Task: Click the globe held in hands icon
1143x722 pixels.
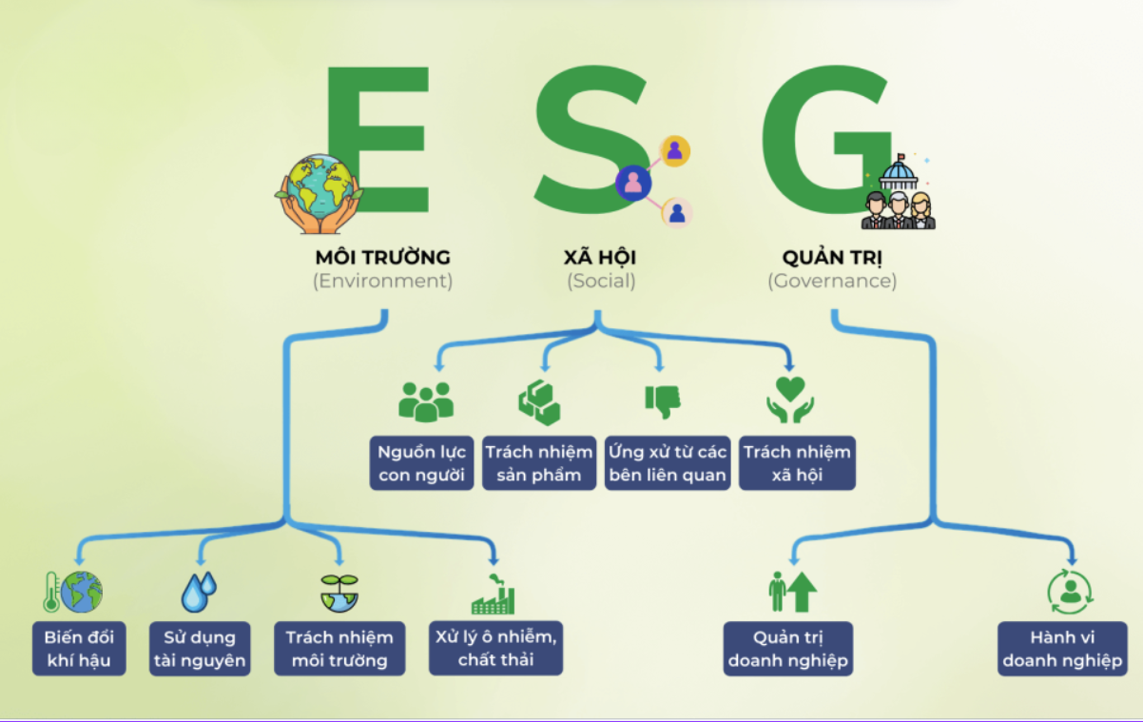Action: [320, 194]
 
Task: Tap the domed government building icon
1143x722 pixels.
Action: [898, 171]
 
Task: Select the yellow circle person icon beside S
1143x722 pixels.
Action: [675, 151]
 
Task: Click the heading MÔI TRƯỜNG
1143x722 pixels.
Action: [382, 258]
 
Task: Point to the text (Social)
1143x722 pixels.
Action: [601, 282]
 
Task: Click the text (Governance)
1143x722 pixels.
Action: [832, 282]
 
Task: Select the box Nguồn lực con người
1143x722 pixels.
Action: [421, 463]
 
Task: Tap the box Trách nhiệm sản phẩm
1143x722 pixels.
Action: [539, 463]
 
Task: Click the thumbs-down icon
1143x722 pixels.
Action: [663, 402]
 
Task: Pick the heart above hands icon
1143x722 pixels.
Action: [790, 400]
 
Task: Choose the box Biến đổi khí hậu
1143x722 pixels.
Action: [79, 649]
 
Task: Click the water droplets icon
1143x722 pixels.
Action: [199, 592]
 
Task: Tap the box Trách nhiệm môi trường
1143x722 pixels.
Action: [339, 649]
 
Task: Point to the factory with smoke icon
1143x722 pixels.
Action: [493, 594]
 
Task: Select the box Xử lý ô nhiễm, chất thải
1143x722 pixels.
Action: [495, 648]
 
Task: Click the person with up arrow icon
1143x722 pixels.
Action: [792, 592]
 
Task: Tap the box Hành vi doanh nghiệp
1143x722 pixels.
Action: [1062, 649]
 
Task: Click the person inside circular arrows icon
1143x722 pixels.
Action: [1070, 592]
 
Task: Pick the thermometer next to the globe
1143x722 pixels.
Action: [51, 592]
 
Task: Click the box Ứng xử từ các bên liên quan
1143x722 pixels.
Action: [668, 463]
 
